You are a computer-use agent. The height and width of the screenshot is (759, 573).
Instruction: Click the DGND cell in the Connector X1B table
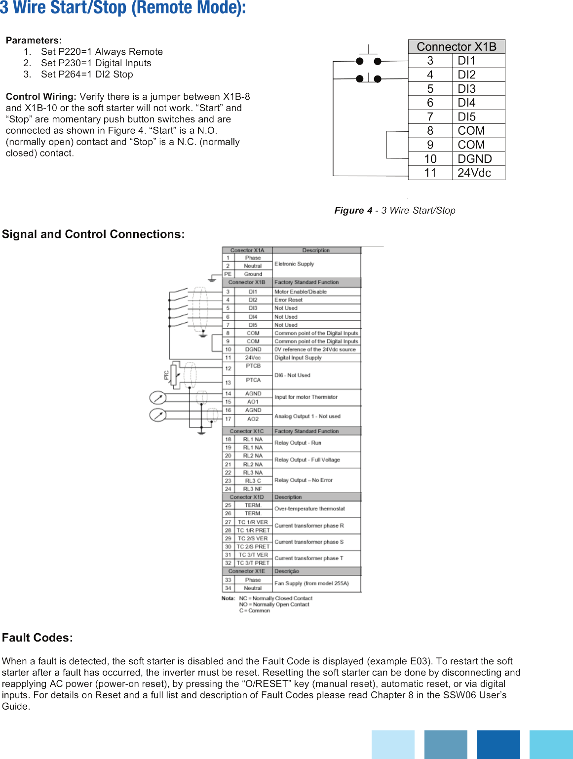pos(474,159)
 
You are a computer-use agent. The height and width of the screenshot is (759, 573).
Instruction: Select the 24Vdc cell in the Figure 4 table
pos(474,173)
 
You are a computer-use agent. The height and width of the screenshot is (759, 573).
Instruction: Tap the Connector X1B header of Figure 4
pos(457,47)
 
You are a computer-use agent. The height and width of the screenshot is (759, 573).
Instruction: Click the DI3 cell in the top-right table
pos(466,89)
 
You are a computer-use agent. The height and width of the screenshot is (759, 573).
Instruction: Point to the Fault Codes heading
pos(38,638)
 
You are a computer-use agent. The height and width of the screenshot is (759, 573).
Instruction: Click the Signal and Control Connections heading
pos(93,234)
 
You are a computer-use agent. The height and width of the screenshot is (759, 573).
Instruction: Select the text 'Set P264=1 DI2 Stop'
pos(87,75)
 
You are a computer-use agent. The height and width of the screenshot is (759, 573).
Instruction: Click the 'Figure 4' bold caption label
pos(353,211)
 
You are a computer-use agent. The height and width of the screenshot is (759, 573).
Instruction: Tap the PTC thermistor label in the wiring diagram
pos(166,376)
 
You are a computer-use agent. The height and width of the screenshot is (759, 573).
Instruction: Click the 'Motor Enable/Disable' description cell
pos(301,292)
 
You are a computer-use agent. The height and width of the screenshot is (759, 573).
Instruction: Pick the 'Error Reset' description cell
pos(289,300)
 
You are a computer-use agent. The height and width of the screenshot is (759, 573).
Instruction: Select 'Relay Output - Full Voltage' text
pos(307,460)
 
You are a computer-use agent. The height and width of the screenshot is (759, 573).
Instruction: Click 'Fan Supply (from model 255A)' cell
pos(311,583)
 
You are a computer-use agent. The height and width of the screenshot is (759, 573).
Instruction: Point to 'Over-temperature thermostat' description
pos(309,509)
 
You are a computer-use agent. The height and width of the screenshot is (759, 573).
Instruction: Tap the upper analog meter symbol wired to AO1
pos(158,398)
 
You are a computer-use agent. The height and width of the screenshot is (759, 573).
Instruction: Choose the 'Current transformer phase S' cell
pos(309,542)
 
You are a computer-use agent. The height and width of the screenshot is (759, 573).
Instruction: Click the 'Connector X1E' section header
pos(247,571)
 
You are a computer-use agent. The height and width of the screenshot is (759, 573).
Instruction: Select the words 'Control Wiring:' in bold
pos(41,97)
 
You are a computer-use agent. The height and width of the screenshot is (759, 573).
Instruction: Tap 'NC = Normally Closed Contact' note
pos(275,598)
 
